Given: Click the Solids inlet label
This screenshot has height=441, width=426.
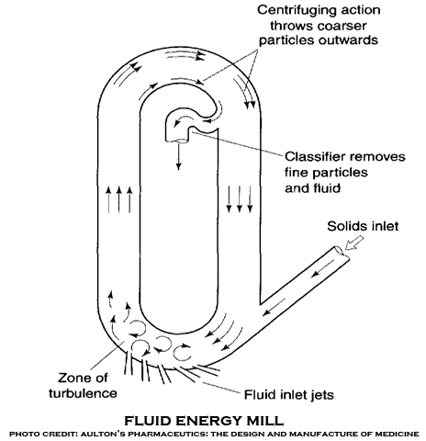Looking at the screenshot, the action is click(x=363, y=226).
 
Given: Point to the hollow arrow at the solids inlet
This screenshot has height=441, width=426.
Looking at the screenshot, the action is click(x=354, y=243).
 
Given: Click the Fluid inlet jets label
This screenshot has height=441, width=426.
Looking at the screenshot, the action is click(x=288, y=395).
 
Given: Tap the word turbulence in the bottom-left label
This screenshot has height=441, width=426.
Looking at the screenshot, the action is click(x=83, y=393).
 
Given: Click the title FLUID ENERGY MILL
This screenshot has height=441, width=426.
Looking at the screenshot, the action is click(x=204, y=421).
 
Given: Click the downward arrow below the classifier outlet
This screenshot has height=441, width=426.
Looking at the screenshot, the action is click(x=178, y=156).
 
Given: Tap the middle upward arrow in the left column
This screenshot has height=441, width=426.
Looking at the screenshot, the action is click(x=119, y=199).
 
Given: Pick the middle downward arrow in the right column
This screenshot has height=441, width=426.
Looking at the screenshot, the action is click(x=240, y=198).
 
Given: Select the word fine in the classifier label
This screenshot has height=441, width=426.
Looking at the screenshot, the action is click(x=296, y=172).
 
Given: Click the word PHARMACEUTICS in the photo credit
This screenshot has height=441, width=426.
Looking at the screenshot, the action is click(x=168, y=434).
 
